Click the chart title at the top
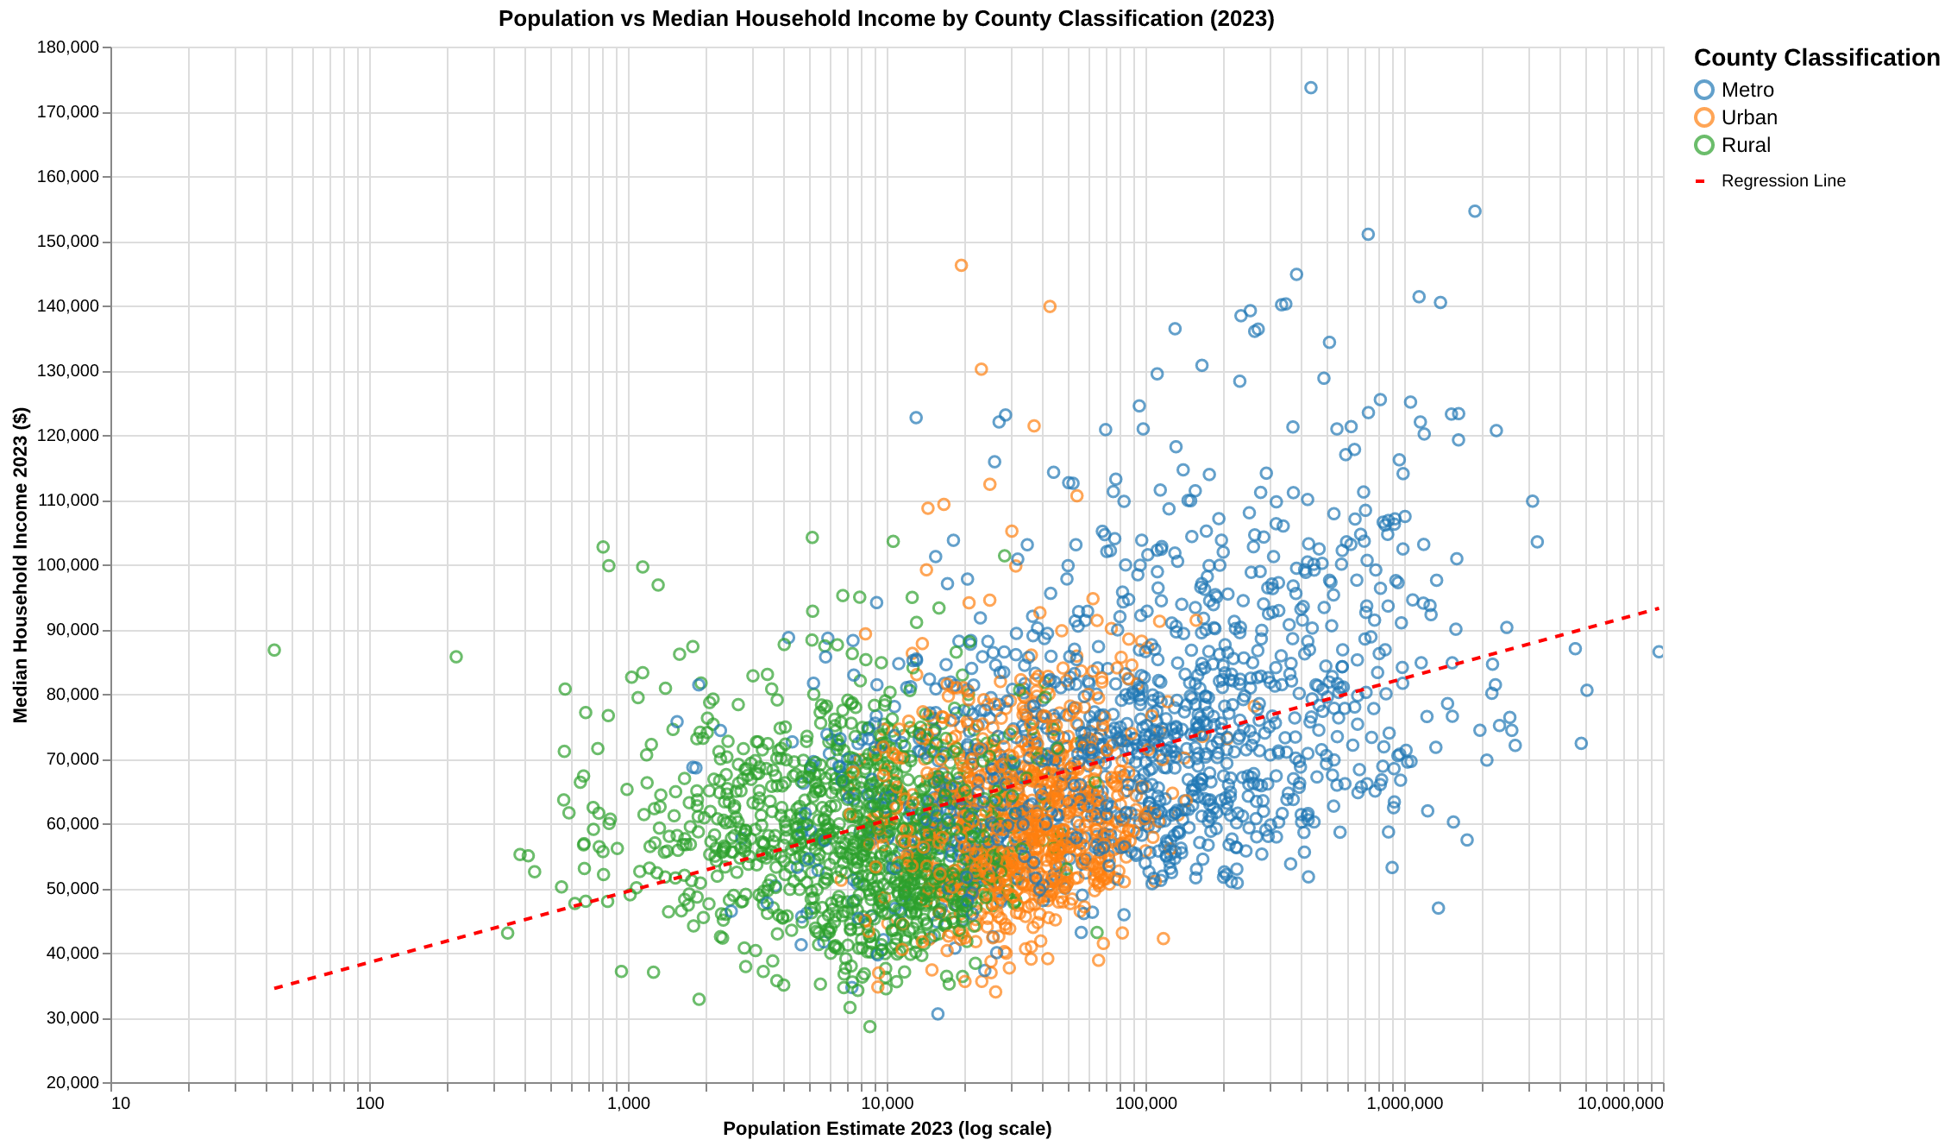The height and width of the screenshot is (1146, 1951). tap(886, 19)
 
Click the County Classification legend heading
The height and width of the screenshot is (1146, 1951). tap(1816, 58)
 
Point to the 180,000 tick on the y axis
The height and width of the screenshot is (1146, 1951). tap(68, 47)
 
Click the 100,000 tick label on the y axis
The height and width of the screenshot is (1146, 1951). tap(68, 565)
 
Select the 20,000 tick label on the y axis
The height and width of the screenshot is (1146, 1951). tap(72, 1083)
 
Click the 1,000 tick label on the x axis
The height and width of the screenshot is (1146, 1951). tap(629, 1104)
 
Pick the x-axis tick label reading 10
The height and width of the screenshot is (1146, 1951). tap(121, 1104)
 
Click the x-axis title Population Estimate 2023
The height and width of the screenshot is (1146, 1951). tap(887, 1129)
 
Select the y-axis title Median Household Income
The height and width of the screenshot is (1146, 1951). tap(21, 565)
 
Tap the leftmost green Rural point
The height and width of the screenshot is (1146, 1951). tap(274, 650)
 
